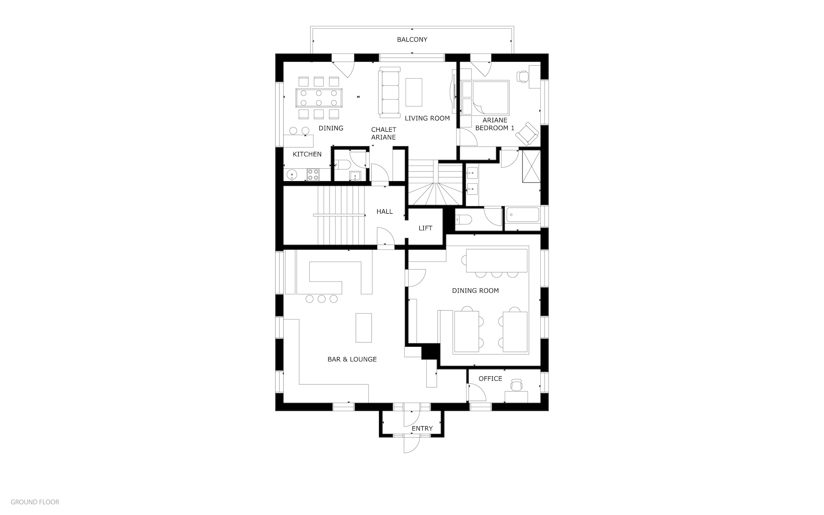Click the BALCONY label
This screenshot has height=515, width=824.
point(412,39)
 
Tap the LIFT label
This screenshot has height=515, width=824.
point(425,228)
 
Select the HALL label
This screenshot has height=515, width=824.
point(385,211)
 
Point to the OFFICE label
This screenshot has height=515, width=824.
point(490,379)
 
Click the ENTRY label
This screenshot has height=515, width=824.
point(422,428)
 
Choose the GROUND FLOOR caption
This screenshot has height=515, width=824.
point(35,502)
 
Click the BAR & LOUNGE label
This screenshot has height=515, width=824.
point(352,359)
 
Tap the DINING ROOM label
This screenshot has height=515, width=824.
point(476,291)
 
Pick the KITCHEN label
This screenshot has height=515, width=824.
point(307,154)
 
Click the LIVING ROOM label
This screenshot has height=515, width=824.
point(427,118)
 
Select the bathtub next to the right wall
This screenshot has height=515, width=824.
point(522,215)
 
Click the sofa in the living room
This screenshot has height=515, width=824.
point(389,93)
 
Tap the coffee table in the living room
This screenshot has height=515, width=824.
point(414,92)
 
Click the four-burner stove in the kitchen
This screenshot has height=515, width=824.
point(313,174)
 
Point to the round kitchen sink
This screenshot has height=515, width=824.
point(292,175)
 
